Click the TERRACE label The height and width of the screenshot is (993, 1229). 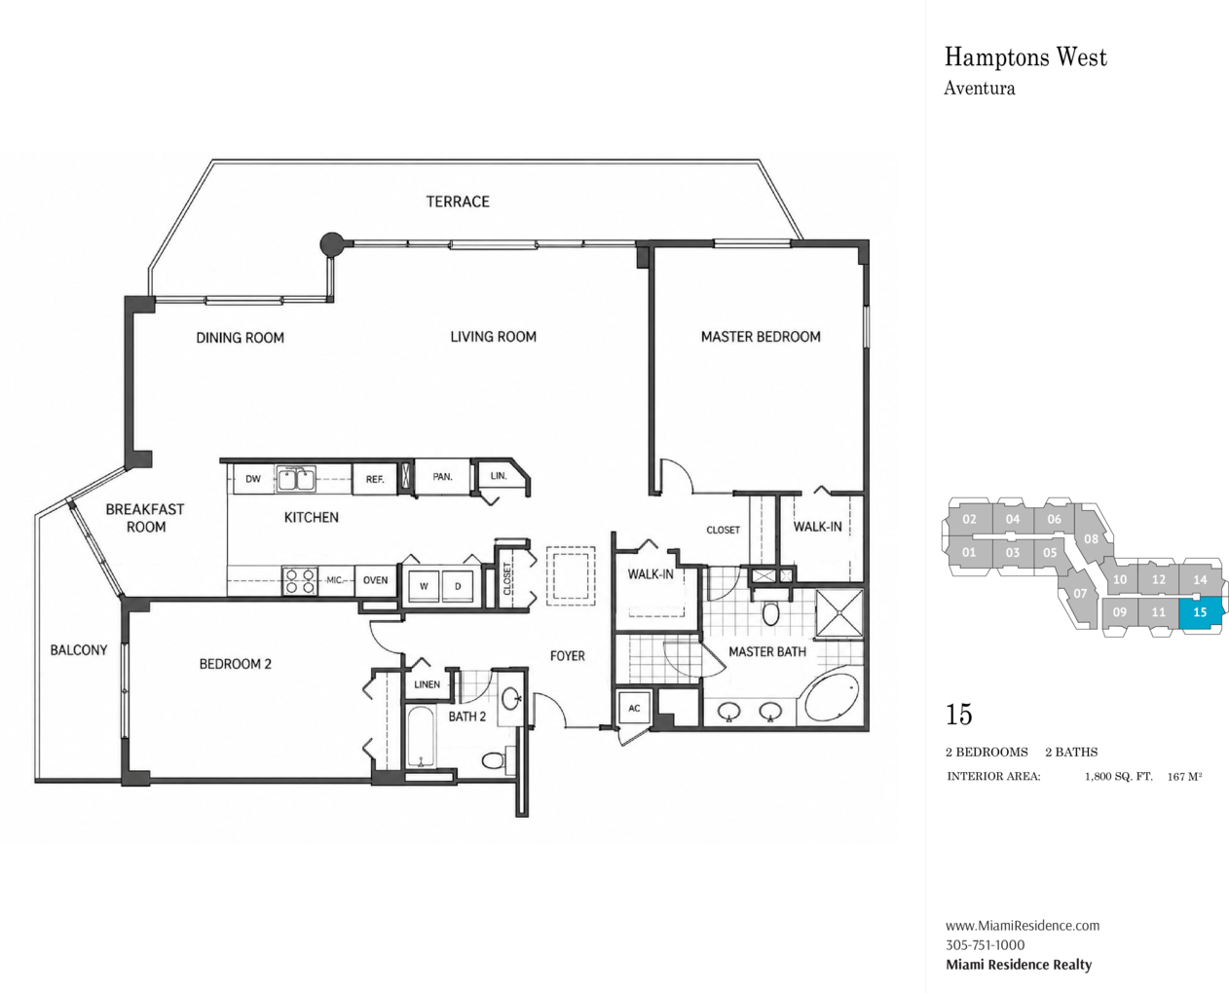[458, 202]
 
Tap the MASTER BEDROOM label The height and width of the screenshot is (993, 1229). [761, 337]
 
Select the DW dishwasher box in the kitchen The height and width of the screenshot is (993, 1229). [253, 479]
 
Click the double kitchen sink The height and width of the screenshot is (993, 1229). [295, 479]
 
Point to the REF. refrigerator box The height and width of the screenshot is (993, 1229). [375, 479]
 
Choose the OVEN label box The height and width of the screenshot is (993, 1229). [375, 580]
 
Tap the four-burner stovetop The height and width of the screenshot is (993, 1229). [300, 580]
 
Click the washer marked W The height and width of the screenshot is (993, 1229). [424, 586]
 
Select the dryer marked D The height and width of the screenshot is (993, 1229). [458, 586]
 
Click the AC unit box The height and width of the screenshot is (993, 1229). [634, 708]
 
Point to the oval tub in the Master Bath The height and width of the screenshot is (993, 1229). [832, 698]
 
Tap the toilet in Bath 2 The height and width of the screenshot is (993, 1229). [494, 759]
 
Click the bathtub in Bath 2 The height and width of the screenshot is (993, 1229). [421, 736]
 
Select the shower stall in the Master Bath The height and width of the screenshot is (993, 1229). [840, 613]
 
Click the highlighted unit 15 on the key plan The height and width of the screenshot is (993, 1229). [1200, 612]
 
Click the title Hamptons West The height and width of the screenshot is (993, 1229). [1025, 57]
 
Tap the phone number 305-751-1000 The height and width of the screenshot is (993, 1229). [985, 944]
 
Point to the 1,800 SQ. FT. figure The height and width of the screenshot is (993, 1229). [1118, 776]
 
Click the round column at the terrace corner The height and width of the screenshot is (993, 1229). [332, 244]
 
